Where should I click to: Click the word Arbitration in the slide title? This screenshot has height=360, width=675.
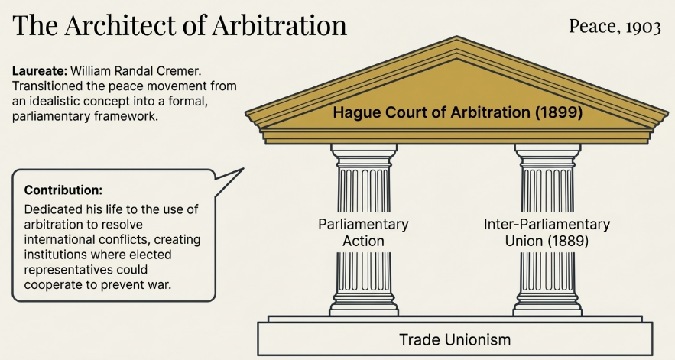(x=279, y=25)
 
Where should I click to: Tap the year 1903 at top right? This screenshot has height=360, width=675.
(x=643, y=27)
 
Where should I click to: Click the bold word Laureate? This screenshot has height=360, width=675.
(x=40, y=70)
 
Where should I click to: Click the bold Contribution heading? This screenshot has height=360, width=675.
(x=63, y=190)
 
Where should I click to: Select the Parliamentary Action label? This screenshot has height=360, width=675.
(x=363, y=232)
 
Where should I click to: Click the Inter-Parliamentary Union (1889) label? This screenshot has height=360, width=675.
(x=547, y=232)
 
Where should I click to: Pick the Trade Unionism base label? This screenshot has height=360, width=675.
(x=455, y=340)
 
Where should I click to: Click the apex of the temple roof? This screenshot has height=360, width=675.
(x=456, y=37)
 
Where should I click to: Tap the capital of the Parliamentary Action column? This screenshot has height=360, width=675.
(x=364, y=156)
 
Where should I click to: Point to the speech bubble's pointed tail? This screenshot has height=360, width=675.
(x=242, y=169)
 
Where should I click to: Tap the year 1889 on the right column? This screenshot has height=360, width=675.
(x=568, y=241)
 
